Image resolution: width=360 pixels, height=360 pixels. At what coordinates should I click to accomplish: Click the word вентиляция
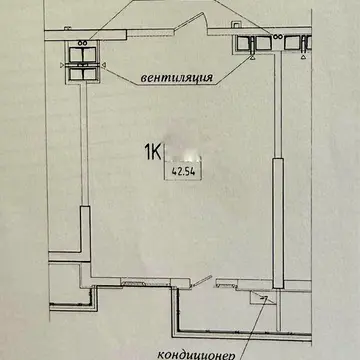click(x=177, y=78)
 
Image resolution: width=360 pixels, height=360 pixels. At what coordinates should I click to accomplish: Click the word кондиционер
click(x=196, y=355)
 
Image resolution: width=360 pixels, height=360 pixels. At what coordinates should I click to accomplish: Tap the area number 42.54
click(x=183, y=172)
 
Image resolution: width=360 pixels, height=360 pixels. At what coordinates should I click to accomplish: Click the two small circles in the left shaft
click(x=83, y=43)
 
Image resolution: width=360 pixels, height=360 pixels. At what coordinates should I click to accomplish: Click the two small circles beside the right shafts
click(x=277, y=37)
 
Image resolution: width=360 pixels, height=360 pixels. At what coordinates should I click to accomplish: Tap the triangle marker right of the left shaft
click(x=105, y=65)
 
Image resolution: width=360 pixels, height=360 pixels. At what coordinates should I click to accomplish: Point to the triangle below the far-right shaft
click(x=303, y=57)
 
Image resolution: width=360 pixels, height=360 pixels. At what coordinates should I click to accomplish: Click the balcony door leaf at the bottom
click(x=201, y=281)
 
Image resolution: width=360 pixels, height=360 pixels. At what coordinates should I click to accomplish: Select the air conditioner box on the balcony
click(x=263, y=297)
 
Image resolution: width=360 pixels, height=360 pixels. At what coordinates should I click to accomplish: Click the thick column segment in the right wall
click(x=278, y=223)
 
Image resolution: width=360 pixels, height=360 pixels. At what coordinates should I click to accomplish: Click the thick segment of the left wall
click(x=85, y=233)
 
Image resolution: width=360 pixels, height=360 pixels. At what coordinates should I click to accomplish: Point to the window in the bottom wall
click(x=145, y=283)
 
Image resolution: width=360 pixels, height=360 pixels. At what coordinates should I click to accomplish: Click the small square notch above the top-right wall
click(x=236, y=25)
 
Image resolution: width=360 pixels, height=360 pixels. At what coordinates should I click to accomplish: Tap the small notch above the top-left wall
click(x=68, y=28)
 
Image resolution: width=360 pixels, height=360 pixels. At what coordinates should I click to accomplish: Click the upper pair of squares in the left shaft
click(x=83, y=54)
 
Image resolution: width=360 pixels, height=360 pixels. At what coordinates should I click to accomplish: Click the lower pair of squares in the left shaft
click(x=83, y=74)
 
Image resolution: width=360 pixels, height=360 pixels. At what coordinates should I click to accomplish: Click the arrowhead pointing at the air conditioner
click(x=265, y=299)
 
